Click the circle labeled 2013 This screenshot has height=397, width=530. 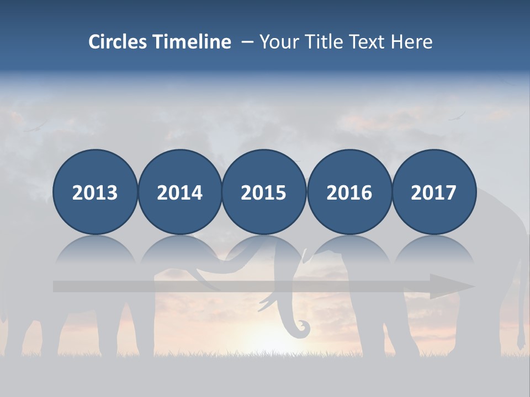click(95, 192)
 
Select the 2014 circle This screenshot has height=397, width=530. click(180, 192)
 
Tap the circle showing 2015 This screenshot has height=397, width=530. click(264, 192)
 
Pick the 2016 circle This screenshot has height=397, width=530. click(349, 192)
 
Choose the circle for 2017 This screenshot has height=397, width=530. click(434, 192)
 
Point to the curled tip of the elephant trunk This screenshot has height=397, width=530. click(303, 329)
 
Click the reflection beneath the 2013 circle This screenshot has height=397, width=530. click(95, 251)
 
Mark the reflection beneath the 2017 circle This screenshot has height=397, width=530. click(434, 251)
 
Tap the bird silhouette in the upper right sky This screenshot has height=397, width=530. click(457, 116)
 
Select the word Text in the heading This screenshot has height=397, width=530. click(367, 42)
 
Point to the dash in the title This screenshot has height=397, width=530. click(247, 42)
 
